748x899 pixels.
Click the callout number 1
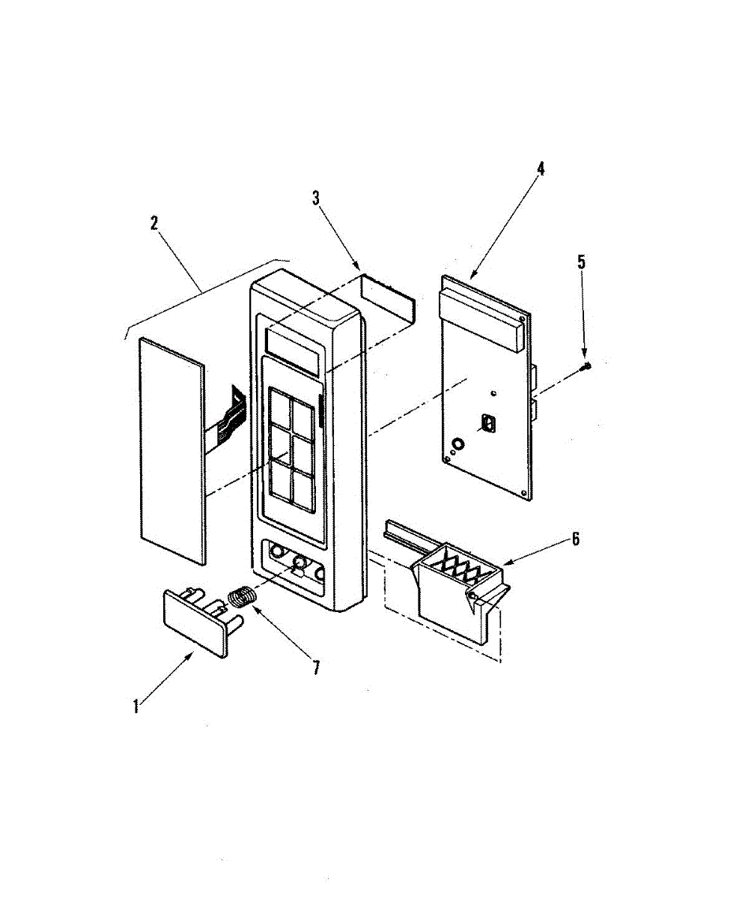(x=136, y=706)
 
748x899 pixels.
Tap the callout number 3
(x=316, y=198)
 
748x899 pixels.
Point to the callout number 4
(x=541, y=168)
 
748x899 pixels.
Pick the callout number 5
(x=581, y=262)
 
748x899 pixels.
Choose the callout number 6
(x=575, y=538)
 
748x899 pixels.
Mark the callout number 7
(x=316, y=667)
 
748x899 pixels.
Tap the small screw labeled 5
(x=587, y=365)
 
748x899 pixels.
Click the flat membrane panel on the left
(x=171, y=449)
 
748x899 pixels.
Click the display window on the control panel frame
(x=293, y=351)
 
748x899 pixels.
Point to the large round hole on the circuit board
(x=456, y=444)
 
